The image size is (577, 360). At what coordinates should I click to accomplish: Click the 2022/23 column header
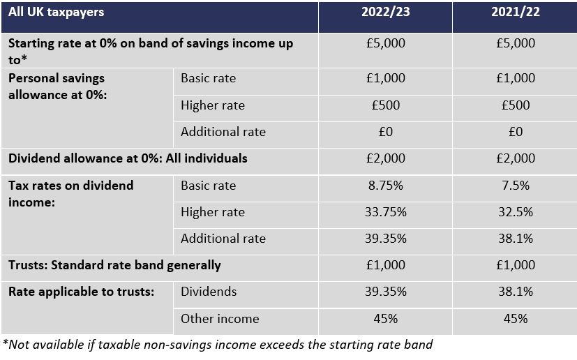pos(385,12)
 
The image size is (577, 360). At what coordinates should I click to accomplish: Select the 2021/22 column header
pos(515,12)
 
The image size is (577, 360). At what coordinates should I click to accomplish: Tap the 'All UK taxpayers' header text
pos(57,12)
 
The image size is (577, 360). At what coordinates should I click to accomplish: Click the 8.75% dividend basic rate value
pos(385,185)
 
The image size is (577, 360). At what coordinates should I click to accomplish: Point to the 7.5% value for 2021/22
pos(515,185)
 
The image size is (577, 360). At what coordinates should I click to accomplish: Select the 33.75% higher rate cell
pos(385,211)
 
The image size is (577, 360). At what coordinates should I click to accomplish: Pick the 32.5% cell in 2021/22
pos(515,211)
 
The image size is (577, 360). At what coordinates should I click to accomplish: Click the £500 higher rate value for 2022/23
pos(385,105)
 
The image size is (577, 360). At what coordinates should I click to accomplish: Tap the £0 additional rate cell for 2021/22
pos(515,132)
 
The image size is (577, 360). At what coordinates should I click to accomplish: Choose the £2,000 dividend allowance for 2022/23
pos(385,158)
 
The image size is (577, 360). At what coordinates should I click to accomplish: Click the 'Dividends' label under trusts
pos(209,292)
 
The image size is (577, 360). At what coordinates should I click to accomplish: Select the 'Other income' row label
pos(220,318)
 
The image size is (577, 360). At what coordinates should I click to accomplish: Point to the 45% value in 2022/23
pos(385,318)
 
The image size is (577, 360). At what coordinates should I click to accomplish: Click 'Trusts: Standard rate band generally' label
pos(114,265)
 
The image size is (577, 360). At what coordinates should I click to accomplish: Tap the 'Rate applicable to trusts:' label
pos(82,292)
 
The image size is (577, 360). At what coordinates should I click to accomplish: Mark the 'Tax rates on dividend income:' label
pos(70,194)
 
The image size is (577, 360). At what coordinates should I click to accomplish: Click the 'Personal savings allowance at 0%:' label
pos(57,87)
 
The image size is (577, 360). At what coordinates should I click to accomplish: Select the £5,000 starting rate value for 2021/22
pos(515,43)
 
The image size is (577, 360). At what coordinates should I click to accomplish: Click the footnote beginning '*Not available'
pos(218,345)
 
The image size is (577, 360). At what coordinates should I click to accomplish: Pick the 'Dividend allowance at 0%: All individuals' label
pos(128,158)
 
